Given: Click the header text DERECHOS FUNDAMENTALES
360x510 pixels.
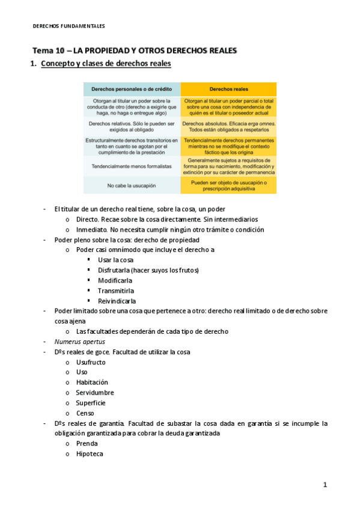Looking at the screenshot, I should tap(68, 26).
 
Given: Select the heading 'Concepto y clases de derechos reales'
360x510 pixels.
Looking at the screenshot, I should tap(106, 64).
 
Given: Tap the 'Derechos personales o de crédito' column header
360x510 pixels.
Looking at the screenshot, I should tap(132, 89).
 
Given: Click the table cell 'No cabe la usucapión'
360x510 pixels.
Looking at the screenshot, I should tap(132, 185).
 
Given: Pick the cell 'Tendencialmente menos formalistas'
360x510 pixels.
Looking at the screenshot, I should tap(132, 165).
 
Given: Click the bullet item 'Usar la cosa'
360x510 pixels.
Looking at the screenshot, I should tap(115, 260).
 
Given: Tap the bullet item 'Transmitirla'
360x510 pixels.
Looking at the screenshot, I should tap(116, 290).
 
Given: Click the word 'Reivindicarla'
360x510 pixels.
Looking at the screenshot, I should tap(117, 301).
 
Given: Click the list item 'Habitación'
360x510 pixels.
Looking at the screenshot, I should tap(92, 382).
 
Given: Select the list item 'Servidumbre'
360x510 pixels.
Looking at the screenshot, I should tap(94, 393).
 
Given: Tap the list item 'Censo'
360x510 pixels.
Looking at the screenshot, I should tap(85, 413).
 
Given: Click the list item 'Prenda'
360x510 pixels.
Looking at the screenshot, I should tap(87, 444).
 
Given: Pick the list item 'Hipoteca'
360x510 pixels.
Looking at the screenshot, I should tap(89, 454).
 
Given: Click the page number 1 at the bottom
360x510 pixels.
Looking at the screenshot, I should tap(325, 485).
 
